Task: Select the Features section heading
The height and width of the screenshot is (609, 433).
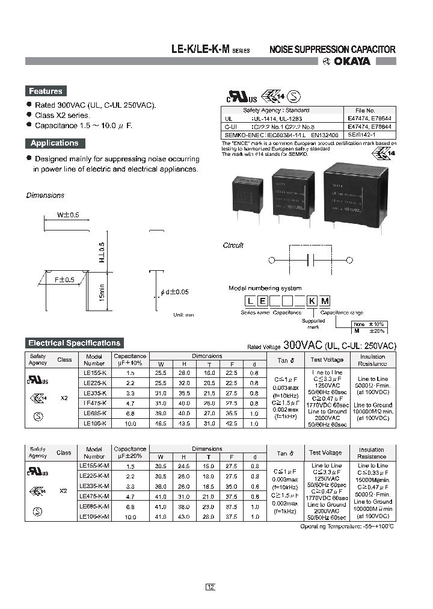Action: tap(45, 91)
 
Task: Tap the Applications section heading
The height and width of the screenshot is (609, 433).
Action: tap(54, 143)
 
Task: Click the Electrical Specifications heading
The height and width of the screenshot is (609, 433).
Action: tap(74, 343)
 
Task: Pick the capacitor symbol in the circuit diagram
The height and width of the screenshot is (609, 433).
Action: tap(312, 260)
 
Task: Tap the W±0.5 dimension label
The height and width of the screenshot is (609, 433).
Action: tap(68, 215)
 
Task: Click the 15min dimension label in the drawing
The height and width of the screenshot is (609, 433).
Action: tap(102, 296)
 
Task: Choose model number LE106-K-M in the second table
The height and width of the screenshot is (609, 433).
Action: tap(94, 517)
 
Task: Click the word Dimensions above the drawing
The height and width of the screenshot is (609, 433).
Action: tap(45, 195)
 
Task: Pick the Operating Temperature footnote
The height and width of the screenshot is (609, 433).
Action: tap(348, 526)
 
